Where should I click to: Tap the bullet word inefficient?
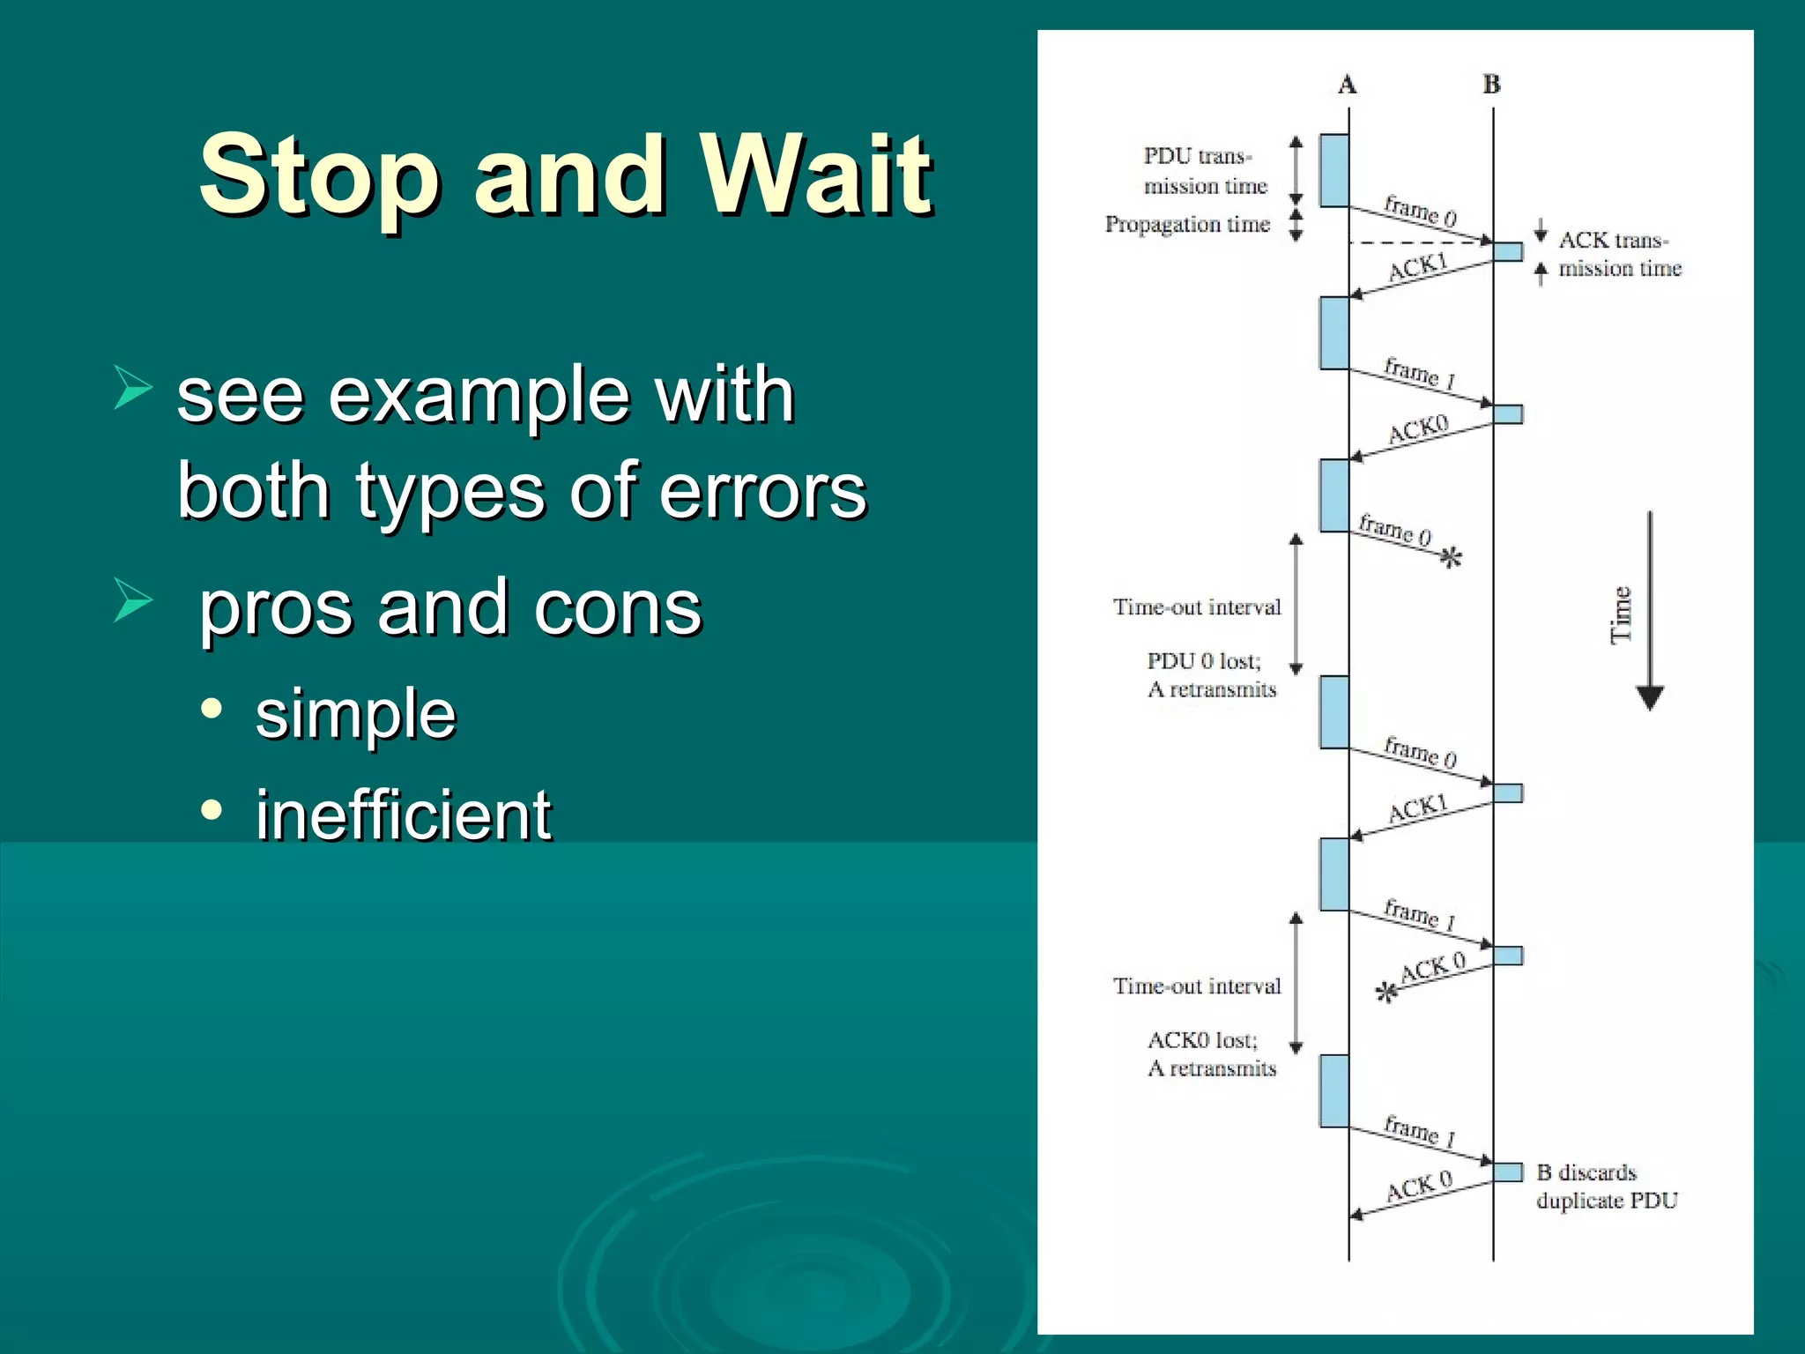click(403, 815)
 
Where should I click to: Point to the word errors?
click(762, 490)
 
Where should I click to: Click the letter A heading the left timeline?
click(1347, 85)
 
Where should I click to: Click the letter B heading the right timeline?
click(1491, 85)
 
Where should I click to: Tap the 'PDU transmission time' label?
click(1204, 171)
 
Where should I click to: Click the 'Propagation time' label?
click(1187, 225)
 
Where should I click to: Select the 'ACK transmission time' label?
click(1619, 254)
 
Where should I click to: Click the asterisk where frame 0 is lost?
click(1451, 557)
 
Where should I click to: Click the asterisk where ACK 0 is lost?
click(1386, 993)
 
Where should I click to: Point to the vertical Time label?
click(1621, 614)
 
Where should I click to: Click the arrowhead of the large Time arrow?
click(1649, 697)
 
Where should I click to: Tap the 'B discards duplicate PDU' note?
click(1606, 1187)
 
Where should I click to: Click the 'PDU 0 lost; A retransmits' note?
click(1210, 675)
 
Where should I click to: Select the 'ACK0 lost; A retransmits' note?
click(1210, 1054)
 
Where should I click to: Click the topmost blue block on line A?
click(1334, 170)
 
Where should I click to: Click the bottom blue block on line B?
click(1508, 1172)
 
